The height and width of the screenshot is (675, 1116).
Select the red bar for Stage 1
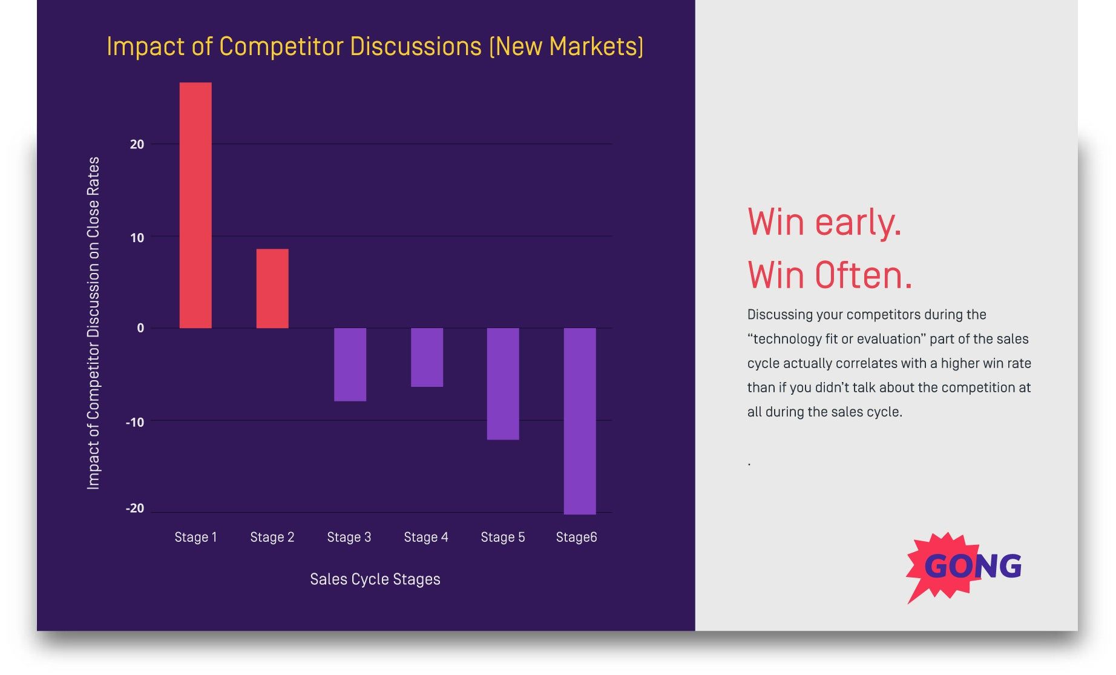tap(195, 206)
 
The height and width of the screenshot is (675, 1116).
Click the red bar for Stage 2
tap(272, 289)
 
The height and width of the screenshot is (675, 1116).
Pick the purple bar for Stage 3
tap(350, 364)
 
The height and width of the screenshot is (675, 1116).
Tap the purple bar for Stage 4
tap(427, 357)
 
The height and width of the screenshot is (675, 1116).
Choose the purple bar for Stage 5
tap(503, 384)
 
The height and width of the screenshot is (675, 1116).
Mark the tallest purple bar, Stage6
tap(580, 421)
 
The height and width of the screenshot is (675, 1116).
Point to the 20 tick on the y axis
tap(137, 145)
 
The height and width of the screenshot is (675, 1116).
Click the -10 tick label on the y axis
tap(135, 422)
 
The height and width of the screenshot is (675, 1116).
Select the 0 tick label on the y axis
tap(140, 328)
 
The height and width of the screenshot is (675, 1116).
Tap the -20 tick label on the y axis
tap(135, 509)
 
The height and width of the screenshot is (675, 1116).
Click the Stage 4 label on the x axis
tap(426, 537)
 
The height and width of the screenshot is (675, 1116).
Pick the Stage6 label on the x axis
tap(576, 537)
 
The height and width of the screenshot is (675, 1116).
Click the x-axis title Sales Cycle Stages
tap(375, 579)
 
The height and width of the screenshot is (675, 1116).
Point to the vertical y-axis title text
tap(93, 323)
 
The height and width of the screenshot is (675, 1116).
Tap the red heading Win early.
tap(824, 222)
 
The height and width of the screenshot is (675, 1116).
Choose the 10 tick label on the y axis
tap(137, 238)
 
